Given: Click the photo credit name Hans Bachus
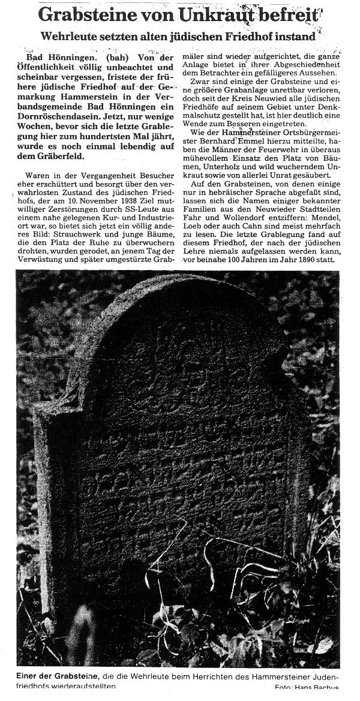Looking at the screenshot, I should coord(323,698).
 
